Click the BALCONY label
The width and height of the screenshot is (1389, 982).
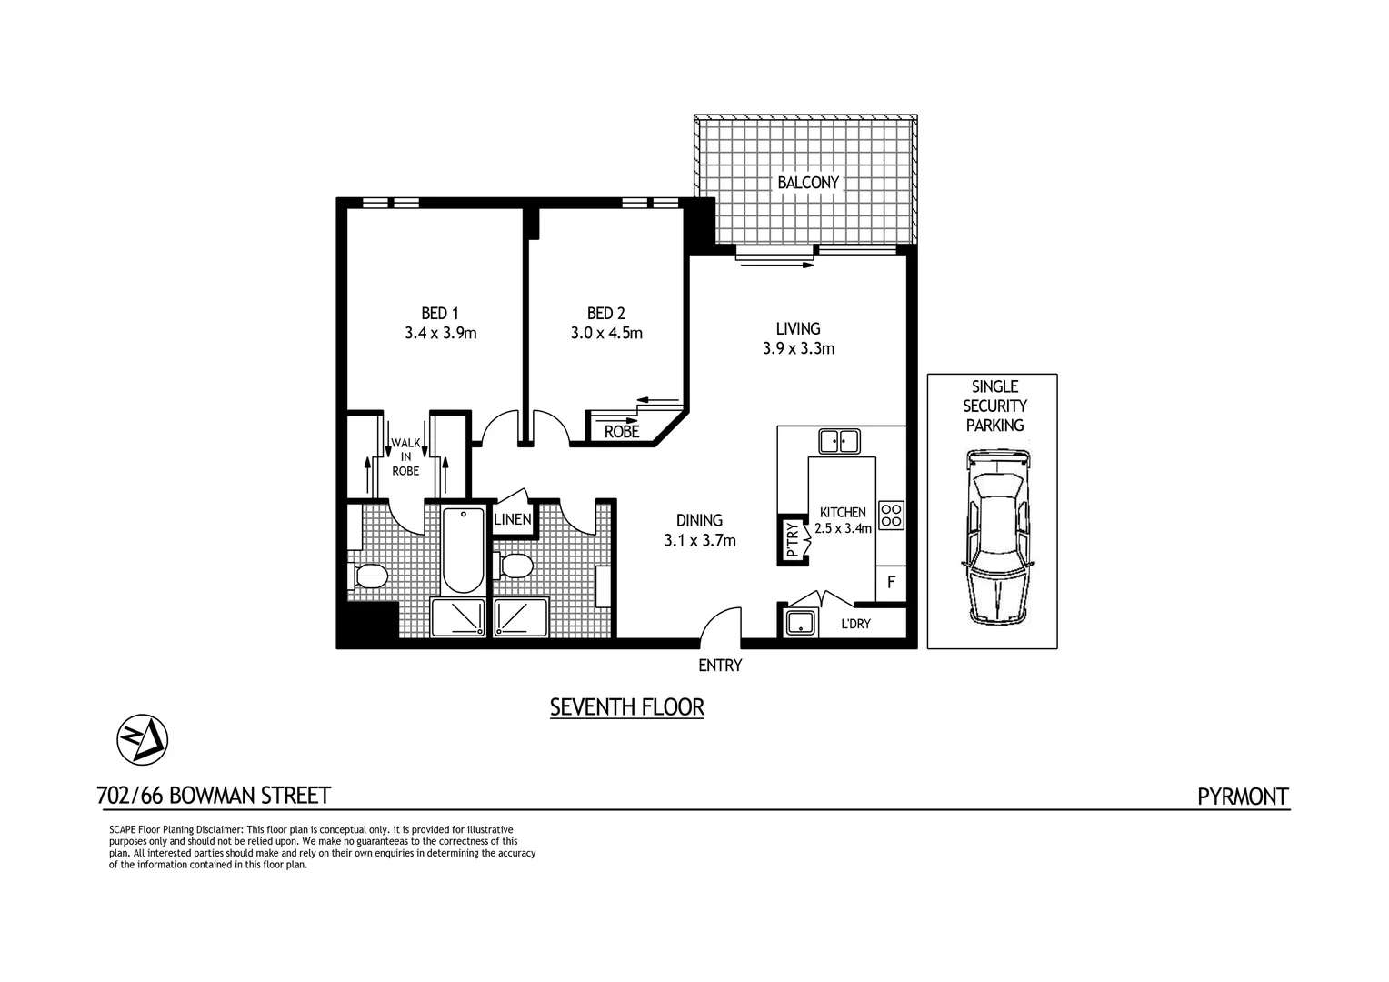click(x=807, y=183)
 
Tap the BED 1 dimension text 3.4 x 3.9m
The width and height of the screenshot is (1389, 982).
click(x=441, y=333)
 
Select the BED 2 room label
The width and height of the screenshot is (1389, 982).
click(x=606, y=313)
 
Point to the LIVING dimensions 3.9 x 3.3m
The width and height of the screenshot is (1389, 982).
click(x=798, y=348)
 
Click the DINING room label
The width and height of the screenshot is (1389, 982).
click(x=699, y=520)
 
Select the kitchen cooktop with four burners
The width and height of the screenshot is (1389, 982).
click(x=892, y=516)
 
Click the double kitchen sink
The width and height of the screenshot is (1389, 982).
click(x=839, y=441)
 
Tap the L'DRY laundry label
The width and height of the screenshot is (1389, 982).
click(x=855, y=624)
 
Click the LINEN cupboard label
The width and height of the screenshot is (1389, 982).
click(x=512, y=520)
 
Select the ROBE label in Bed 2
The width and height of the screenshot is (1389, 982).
click(x=621, y=432)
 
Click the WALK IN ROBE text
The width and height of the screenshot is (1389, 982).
click(x=405, y=456)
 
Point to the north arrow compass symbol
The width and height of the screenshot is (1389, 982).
click(x=143, y=739)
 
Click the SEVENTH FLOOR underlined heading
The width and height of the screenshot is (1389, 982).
click(x=626, y=706)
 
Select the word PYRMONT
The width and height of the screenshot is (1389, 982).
click(x=1242, y=797)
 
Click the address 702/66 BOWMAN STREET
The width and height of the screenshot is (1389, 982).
click(x=213, y=796)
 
